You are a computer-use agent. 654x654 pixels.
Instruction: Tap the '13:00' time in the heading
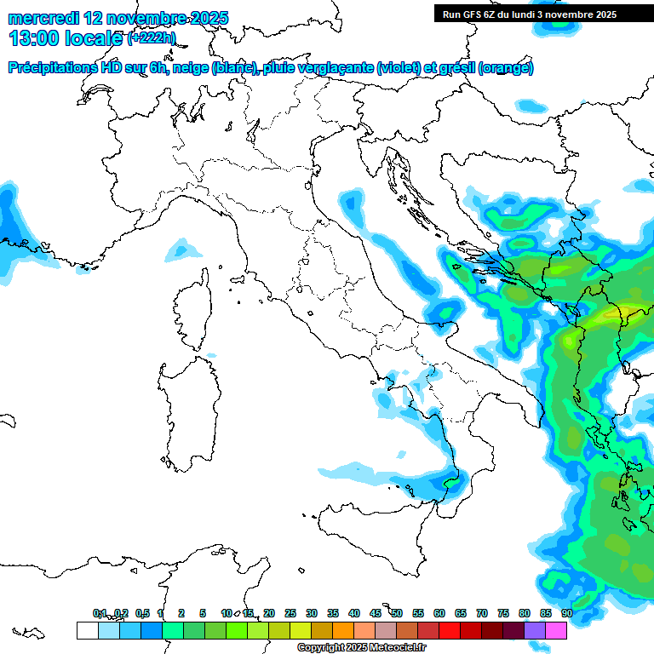click(x=35, y=37)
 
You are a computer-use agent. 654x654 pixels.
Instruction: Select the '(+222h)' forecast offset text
click(x=151, y=38)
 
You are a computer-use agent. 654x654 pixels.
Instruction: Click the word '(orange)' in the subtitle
click(x=506, y=68)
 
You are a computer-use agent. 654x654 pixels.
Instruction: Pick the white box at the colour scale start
click(x=87, y=630)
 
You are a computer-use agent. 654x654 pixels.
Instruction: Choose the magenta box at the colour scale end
click(x=556, y=630)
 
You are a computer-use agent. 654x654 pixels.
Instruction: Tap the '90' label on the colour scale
click(x=566, y=613)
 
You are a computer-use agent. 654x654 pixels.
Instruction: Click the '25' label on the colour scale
click(x=290, y=613)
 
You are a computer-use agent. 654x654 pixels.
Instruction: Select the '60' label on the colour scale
click(x=439, y=613)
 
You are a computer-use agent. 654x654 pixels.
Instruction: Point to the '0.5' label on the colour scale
click(x=142, y=613)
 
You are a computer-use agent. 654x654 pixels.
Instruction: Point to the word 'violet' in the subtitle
click(x=400, y=68)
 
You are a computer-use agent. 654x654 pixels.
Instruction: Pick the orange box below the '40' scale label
click(x=343, y=630)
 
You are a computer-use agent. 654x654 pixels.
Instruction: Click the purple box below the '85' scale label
click(x=535, y=630)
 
